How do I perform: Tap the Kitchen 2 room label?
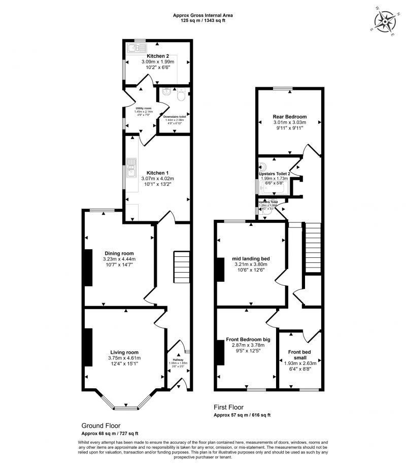pyautogui.click(x=157, y=56)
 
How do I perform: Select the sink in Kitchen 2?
pyautogui.click(x=134, y=49)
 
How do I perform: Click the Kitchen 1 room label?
pyautogui.click(x=157, y=173)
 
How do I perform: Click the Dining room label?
pyautogui.click(x=119, y=253)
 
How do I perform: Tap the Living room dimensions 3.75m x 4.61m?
pyautogui.click(x=124, y=358)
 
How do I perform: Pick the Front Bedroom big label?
pyautogui.click(x=248, y=339)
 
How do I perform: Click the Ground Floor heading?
pyautogui.click(x=101, y=425)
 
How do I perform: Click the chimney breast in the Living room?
pyautogui.click(x=88, y=347)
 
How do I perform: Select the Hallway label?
pyautogui.click(x=178, y=359)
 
